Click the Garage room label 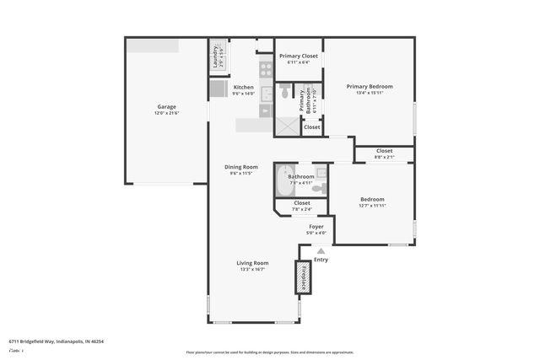point(166,107)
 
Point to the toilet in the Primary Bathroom point(285,91)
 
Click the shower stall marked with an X point(287,125)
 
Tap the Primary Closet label point(298,56)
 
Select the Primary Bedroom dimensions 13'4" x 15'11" point(369,93)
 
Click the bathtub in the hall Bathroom point(284,180)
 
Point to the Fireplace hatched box point(301,277)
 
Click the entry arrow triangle point(321,250)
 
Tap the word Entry point(321,260)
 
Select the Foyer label point(316,227)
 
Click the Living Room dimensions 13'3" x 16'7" point(252,269)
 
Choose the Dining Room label point(240,167)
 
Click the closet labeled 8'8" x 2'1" point(384,153)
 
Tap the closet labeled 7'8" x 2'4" point(301,206)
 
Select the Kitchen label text point(244,87)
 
